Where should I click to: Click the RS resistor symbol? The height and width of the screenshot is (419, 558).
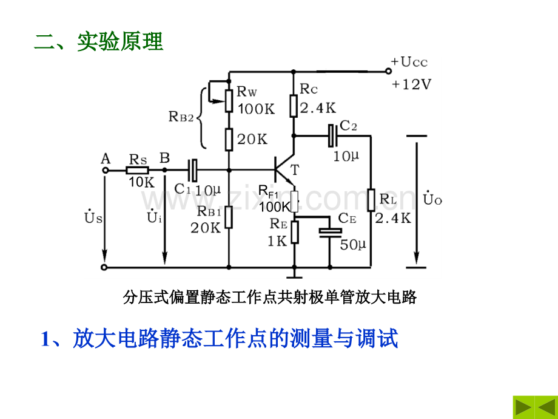pos(137,170)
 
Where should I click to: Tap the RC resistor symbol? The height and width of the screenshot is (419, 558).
pos(294,106)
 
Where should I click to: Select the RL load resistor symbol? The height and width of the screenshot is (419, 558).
pos(371,200)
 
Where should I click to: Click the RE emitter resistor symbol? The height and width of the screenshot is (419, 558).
pos(295,232)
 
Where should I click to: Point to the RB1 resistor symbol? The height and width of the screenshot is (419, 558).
pos(229,217)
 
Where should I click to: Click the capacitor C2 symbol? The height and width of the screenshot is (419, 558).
pos(332,136)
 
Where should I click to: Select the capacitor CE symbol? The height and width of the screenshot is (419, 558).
pos(330,231)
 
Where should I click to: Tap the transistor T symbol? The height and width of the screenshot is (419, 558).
pos(284,170)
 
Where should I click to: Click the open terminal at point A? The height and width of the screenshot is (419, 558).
pos(105,170)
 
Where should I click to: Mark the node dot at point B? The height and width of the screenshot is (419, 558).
pos(164,170)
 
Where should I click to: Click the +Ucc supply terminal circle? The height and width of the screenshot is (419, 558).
pos(388,71)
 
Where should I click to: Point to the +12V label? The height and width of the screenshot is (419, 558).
pos(411,84)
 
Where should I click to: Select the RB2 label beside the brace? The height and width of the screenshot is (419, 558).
pos(181,117)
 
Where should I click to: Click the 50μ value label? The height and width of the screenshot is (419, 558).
pos(352,245)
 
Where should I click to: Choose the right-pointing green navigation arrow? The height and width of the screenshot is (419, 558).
pos(523,407)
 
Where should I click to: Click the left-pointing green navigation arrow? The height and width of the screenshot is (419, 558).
pos(546,407)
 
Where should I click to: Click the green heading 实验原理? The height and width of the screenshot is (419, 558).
pos(120,41)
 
